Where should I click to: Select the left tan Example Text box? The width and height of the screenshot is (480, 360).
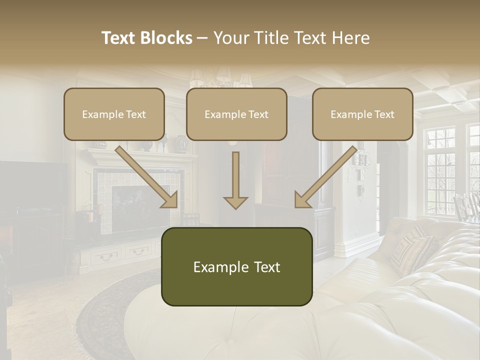tap(114, 114)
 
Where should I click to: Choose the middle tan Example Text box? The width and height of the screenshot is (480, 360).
tap(236, 114)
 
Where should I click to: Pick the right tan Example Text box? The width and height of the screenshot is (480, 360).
tap(362, 114)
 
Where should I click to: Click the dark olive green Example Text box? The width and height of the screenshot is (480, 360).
tap(236, 266)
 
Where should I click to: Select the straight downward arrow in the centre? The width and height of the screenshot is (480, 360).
tap(235, 180)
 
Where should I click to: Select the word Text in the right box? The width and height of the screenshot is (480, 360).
tap(384, 114)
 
